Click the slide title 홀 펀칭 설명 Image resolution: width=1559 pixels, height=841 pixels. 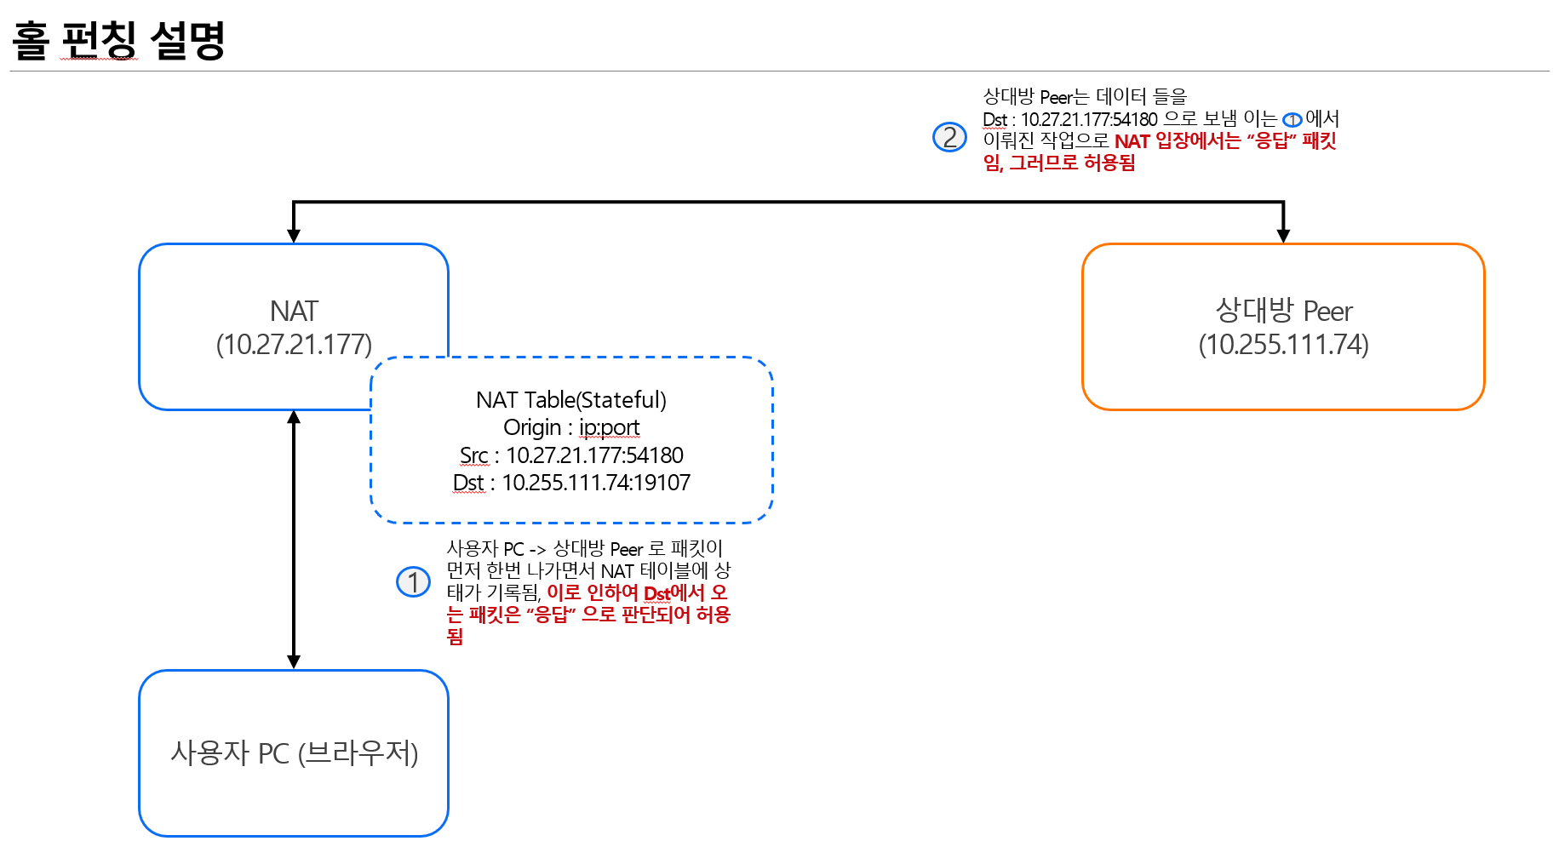coord(118,40)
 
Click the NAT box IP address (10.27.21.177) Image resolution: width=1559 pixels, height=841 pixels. coord(294,345)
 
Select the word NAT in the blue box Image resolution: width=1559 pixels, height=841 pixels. coord(294,311)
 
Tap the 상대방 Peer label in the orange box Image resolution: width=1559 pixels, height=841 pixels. coord(1283,311)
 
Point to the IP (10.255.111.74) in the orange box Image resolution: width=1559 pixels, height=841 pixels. coord(1283,345)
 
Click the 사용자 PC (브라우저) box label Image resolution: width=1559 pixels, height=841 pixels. coord(294,753)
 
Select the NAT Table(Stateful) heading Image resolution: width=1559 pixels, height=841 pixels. coord(571,400)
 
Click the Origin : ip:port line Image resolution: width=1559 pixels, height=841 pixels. coord(571,427)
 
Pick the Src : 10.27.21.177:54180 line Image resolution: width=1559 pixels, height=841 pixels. coord(571,455)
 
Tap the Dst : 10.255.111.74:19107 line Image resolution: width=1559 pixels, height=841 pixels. coord(571,483)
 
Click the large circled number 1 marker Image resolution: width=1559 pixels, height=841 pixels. coord(414,582)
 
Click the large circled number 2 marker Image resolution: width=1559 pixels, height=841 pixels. coord(949,137)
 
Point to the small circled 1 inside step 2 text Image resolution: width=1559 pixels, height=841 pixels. coord(1292,120)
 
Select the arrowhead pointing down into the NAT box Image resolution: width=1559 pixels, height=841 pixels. coord(294,235)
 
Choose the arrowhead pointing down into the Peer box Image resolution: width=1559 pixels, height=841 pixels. coord(1283,235)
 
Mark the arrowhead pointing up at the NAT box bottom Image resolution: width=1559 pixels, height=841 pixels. coord(294,418)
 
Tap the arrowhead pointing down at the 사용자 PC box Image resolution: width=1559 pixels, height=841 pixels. coord(294,661)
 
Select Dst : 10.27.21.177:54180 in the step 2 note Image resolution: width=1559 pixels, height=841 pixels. coord(1070,120)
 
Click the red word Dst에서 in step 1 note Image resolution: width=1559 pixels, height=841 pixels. coord(673,593)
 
